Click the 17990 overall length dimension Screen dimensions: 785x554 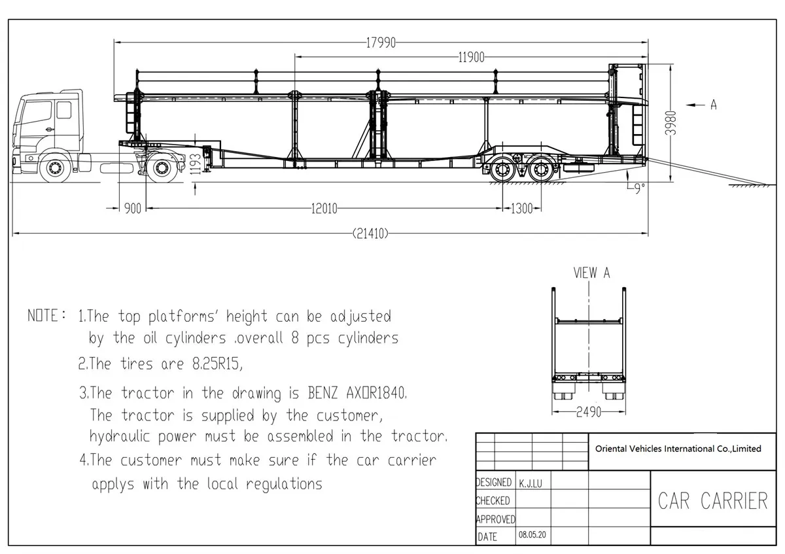[x=381, y=43]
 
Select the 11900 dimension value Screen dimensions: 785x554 [x=471, y=58]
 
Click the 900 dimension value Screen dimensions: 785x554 [x=133, y=209]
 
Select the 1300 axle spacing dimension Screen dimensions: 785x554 [x=521, y=209]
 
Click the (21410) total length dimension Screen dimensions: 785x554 [x=370, y=233]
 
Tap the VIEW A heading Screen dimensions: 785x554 [x=591, y=273]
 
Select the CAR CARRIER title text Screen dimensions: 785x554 [x=712, y=501]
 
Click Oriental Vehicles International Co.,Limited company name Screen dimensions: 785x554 [x=678, y=449]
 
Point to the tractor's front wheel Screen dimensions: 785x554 [x=54, y=169]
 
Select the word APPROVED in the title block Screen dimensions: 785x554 [x=496, y=519]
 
